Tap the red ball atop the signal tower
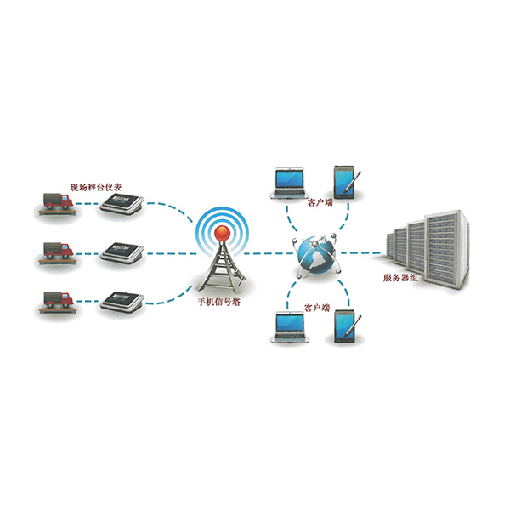pos(220,229)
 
